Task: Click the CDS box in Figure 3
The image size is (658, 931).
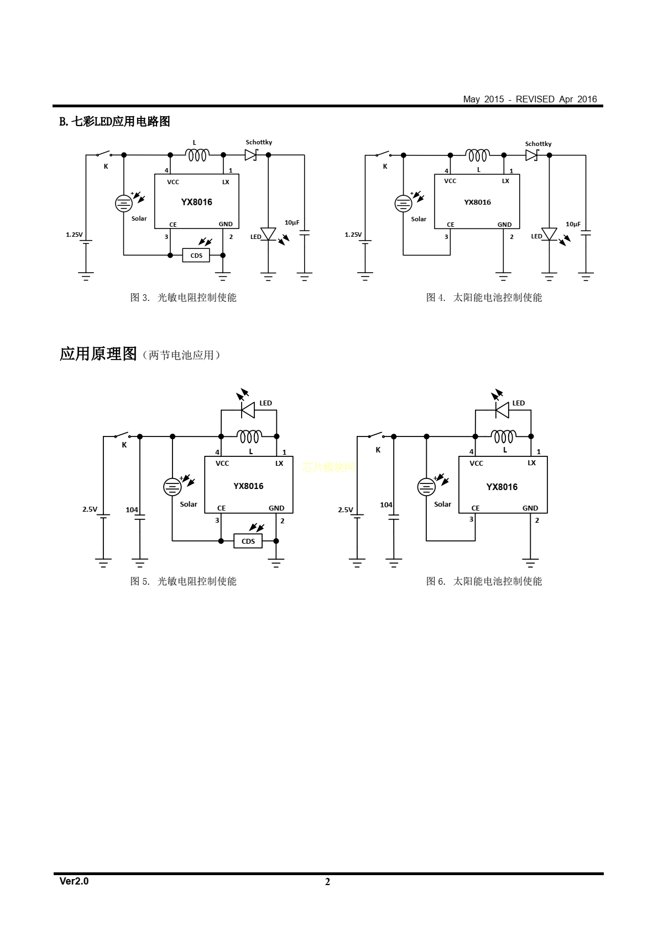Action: point(196,256)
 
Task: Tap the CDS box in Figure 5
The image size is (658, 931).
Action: point(248,541)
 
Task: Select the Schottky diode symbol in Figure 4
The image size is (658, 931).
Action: point(531,155)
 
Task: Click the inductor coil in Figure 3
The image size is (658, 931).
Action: point(197,155)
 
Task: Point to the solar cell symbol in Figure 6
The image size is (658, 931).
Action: point(426,487)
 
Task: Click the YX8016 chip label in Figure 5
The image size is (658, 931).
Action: point(248,486)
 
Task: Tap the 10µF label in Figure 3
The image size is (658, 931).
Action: point(292,222)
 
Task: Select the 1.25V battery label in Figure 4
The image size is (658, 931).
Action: point(353,235)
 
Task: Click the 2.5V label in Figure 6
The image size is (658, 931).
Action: point(345,509)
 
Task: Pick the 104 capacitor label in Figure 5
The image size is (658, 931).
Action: point(132,509)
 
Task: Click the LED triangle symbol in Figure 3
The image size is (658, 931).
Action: point(268,234)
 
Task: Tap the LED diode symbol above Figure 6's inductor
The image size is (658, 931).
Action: point(502,410)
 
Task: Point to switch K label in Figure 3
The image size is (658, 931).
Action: point(106,166)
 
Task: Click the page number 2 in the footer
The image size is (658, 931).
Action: point(327,882)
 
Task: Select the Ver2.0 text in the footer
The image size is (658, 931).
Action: point(74,881)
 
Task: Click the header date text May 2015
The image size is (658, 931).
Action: point(483,99)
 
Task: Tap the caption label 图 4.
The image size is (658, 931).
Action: point(435,298)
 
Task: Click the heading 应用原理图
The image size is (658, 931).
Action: point(98,354)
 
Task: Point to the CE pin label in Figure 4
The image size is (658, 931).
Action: point(451,225)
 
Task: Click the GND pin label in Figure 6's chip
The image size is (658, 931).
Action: point(530,508)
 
